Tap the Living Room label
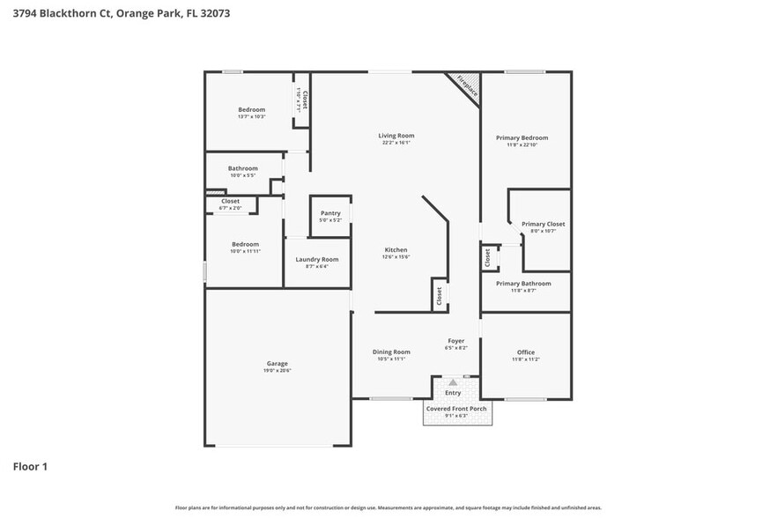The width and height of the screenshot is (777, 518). point(396,136)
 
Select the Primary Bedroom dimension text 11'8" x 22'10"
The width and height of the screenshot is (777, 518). point(522,145)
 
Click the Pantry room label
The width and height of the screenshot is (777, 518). point(330,212)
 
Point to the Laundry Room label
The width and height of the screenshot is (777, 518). point(316,259)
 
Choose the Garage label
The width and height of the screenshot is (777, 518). point(277,363)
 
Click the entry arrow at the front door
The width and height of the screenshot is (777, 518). point(453,382)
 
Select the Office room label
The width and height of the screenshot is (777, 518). point(525,352)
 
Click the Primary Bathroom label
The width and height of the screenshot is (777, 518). point(523,283)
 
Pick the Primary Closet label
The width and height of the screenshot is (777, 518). point(543,224)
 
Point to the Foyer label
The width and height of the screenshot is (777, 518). point(455,340)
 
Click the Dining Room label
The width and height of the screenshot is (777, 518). point(391,351)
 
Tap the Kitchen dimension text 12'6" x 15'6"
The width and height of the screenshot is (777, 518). point(396,256)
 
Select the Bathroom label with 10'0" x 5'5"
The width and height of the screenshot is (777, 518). point(243,168)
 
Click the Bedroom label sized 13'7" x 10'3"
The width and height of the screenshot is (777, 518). point(251,109)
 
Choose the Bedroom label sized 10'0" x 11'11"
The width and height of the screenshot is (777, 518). point(245,244)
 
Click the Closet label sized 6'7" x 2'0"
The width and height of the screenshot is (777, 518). point(230,201)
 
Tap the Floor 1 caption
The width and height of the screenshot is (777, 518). point(29,465)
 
